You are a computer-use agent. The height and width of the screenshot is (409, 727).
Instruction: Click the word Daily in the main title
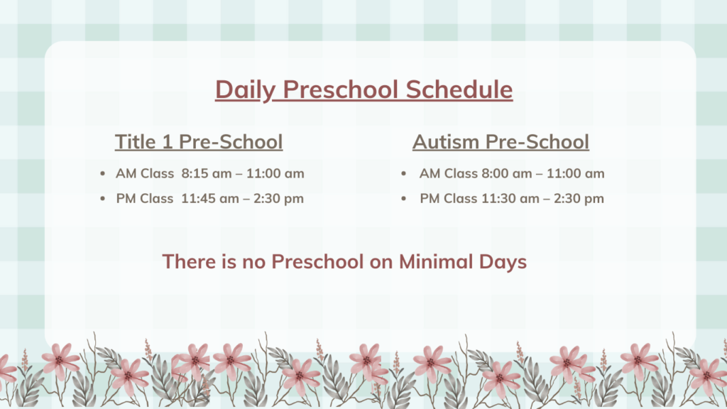pyautogui.click(x=245, y=90)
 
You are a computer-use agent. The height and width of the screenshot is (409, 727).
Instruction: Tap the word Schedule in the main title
pyautogui.click(x=459, y=89)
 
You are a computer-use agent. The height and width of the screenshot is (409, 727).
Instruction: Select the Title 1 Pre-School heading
pyautogui.click(x=199, y=141)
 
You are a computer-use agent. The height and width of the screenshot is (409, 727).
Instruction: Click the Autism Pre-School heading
pyautogui.click(x=501, y=141)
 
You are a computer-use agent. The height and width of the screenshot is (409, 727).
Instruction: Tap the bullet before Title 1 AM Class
pyautogui.click(x=102, y=174)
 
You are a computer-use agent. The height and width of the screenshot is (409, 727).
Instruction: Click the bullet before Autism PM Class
pyautogui.click(x=403, y=199)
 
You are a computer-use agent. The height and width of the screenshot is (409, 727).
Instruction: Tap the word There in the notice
pyautogui.click(x=189, y=261)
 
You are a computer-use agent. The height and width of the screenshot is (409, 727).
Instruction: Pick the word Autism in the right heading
pyautogui.click(x=446, y=141)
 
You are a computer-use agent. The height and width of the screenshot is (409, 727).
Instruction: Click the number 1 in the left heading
pyautogui.click(x=168, y=141)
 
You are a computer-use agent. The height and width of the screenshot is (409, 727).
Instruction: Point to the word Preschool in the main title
pyautogui.click(x=340, y=89)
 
